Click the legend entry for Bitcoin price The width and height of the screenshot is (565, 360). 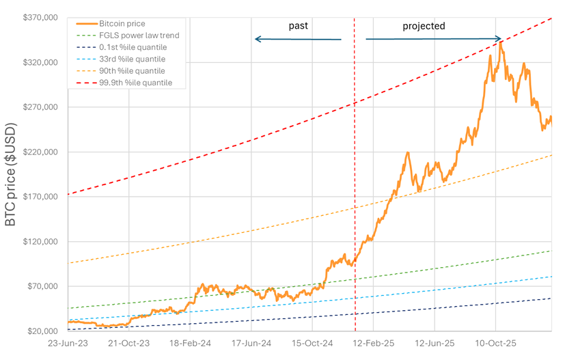pyautogui.click(x=122, y=24)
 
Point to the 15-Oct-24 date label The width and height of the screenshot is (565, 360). pyautogui.click(x=312, y=345)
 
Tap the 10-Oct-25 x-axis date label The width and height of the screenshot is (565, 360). pyautogui.click(x=495, y=345)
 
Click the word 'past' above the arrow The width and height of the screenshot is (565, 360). pyautogui.click(x=299, y=26)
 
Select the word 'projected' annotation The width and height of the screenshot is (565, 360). pyautogui.click(x=424, y=26)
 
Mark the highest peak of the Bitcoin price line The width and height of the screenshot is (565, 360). pyautogui.click(x=501, y=42)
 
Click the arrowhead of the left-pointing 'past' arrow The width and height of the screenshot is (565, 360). pyautogui.click(x=258, y=39)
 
